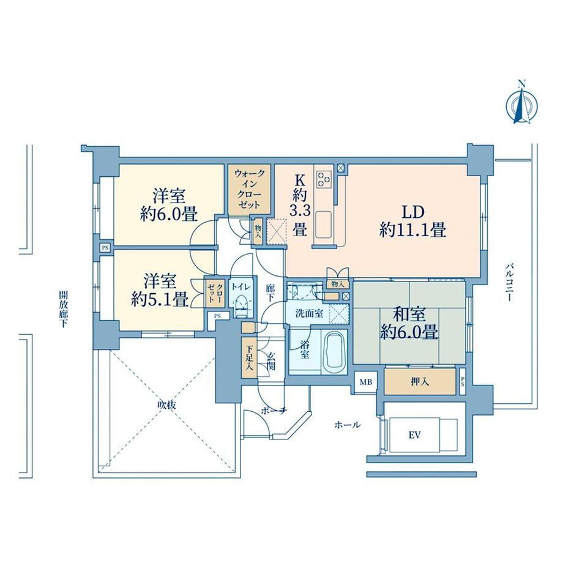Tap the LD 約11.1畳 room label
[413, 221]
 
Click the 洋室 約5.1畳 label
[160, 290]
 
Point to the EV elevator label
[414, 435]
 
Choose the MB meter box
[366, 382]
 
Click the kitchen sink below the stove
[324, 225]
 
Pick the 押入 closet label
[420, 381]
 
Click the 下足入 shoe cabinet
[249, 357]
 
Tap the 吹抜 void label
[167, 405]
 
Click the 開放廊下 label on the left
[63, 309]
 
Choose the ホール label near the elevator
[347, 425]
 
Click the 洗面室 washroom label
[309, 313]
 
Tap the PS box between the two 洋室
[105, 247]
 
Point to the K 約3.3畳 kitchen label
[300, 205]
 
